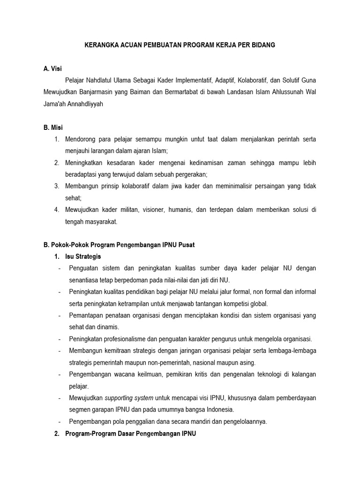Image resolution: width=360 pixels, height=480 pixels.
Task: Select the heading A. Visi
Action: (52, 69)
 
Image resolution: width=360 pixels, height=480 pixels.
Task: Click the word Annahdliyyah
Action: (84, 104)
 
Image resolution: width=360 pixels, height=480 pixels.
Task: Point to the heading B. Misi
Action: (53, 127)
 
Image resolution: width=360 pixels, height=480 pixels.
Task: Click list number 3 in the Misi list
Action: (56, 186)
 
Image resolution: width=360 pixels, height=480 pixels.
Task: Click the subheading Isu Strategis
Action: (83, 256)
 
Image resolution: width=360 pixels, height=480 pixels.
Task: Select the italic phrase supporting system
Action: (129, 398)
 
